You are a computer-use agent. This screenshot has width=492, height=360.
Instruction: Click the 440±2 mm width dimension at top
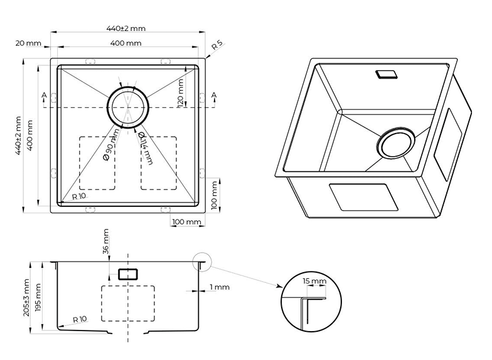[126, 28]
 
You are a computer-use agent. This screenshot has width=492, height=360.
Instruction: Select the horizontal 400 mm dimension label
[126, 43]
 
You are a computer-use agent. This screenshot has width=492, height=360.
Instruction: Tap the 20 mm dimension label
[28, 43]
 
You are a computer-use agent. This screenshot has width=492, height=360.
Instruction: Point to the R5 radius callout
[217, 45]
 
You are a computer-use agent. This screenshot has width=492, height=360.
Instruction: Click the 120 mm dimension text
[181, 92]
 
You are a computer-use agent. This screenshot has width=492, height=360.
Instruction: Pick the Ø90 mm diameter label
[112, 146]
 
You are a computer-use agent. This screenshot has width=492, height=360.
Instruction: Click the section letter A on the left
[43, 95]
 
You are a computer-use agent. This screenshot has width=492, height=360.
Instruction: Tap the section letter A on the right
[214, 95]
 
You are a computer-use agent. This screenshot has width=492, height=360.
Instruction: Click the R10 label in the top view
[78, 196]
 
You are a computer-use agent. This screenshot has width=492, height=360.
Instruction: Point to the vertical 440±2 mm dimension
[19, 135]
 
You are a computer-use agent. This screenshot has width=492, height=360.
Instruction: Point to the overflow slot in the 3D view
[385, 74]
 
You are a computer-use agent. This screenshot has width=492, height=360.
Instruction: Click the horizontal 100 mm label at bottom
[186, 221]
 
